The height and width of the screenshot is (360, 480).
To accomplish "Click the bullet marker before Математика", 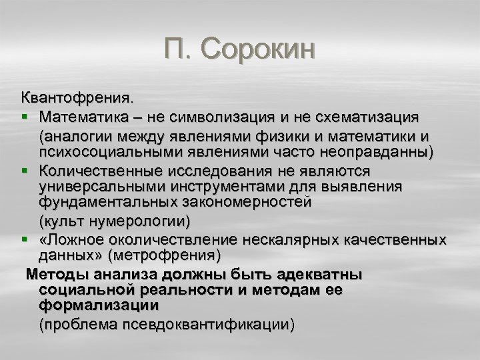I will click(25, 117).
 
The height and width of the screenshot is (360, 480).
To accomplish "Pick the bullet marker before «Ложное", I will click(25, 239).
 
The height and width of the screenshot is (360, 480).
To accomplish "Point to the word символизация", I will click(238, 117).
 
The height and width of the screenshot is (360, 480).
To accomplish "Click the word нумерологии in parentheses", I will click(137, 220).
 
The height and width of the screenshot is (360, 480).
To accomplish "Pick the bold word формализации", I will click(99, 305).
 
